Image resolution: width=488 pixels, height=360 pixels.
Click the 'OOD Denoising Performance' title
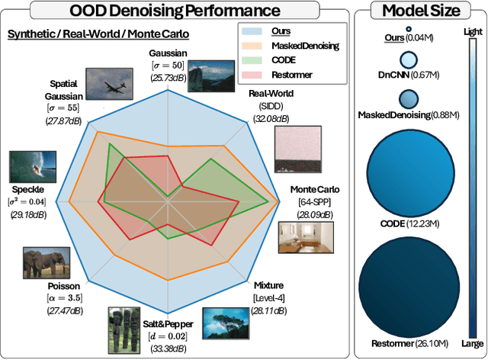[174, 11]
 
